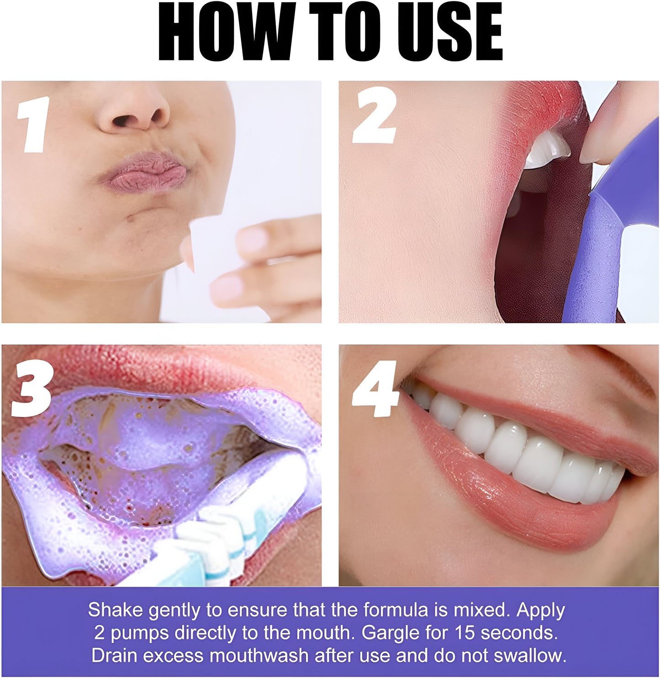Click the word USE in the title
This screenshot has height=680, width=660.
pos(450,32)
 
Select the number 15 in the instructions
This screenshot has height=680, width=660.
pos(465,633)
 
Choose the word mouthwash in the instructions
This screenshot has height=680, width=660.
pos(259,656)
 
